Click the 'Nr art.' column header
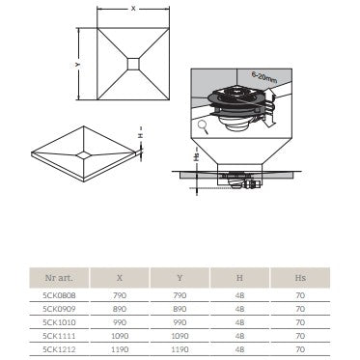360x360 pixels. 59,278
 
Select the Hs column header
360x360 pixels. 300,278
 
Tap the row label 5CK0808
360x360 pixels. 59,295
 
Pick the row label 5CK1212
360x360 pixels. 59,349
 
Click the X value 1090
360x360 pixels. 120,336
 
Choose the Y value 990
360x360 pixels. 180,322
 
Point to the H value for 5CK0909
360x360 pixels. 239,309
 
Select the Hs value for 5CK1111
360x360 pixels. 300,336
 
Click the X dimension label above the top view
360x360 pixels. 133,9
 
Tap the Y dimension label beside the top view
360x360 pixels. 77,65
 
